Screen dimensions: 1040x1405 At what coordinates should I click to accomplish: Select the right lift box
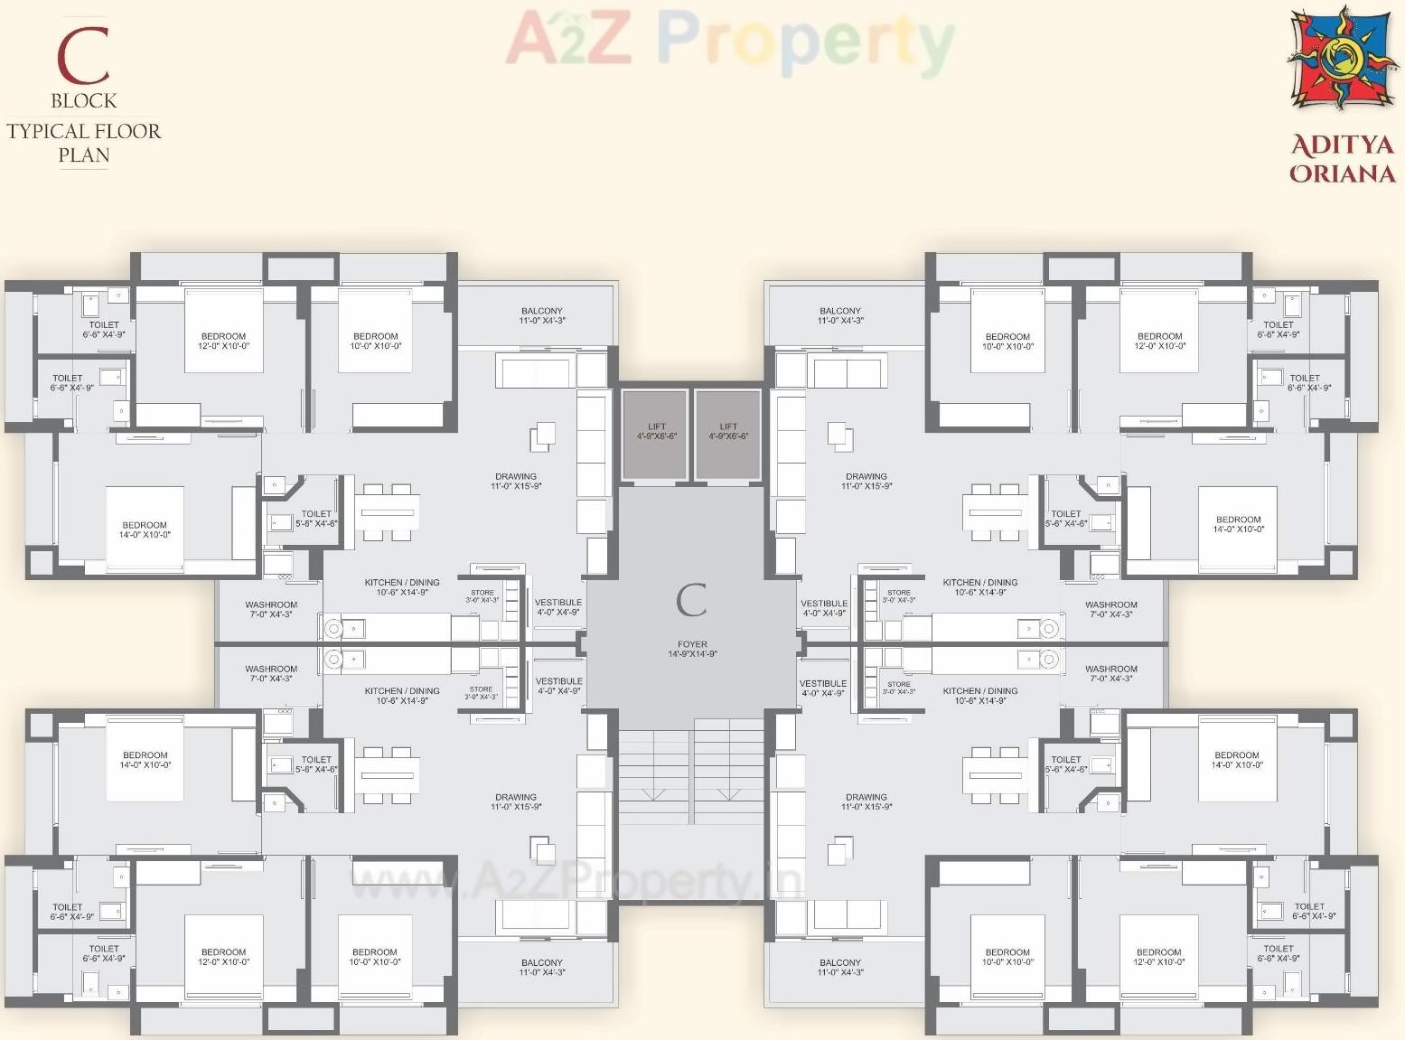tap(728, 432)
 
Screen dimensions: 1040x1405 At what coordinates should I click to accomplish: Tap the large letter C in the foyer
tap(691, 600)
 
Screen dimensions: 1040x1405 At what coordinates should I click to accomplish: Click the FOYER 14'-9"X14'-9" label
tap(692, 649)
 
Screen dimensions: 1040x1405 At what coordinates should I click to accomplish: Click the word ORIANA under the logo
tap(1342, 173)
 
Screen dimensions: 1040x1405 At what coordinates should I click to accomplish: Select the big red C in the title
tap(83, 56)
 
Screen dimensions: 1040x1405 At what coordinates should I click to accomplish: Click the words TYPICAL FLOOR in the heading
tap(83, 131)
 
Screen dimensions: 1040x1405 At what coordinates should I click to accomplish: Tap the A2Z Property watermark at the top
tap(730, 41)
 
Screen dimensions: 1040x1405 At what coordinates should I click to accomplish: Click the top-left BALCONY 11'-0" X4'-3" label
tap(541, 315)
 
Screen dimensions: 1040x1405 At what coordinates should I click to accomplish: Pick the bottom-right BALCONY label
tap(839, 967)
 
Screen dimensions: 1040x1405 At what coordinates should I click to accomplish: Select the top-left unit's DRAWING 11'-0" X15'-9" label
tap(516, 481)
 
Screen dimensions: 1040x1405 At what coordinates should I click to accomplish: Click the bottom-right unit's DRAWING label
tap(866, 801)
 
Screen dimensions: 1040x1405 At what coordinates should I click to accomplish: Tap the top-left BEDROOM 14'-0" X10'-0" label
tap(145, 529)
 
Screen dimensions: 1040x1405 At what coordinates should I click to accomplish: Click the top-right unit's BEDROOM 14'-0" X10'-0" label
tap(1238, 524)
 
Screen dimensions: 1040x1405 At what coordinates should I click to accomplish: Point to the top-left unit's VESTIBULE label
tap(557, 607)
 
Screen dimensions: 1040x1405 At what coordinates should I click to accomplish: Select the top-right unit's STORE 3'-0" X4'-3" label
tap(898, 596)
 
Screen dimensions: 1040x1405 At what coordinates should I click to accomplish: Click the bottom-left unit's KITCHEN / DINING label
tap(402, 695)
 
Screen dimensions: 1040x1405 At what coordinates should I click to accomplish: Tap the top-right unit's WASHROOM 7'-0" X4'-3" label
tap(1110, 609)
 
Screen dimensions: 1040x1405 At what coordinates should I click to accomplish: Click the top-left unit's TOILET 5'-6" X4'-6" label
tap(315, 518)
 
